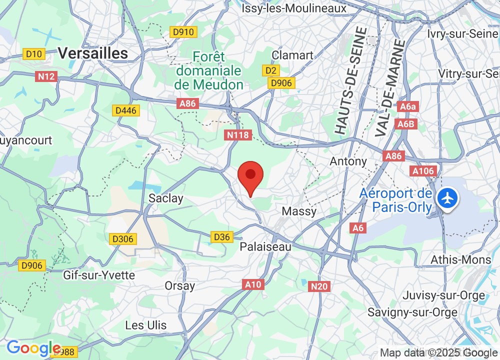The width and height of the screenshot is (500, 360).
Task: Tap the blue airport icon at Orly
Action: point(447,198)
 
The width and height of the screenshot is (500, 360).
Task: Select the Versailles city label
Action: point(93,53)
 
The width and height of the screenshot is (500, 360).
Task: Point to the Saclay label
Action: point(166,198)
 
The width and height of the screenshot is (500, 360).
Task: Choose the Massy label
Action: point(299,211)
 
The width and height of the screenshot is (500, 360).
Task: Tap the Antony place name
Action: point(348,161)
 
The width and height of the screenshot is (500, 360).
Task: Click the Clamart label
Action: point(292,55)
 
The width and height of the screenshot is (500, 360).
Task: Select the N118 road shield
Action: point(237,135)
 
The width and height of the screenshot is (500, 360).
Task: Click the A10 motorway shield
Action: point(253,284)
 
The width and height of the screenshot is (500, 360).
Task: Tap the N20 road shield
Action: point(319,286)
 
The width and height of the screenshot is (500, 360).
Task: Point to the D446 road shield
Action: point(125,110)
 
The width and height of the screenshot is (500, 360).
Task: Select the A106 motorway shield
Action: point(423,171)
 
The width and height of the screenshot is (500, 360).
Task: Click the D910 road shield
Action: point(183,32)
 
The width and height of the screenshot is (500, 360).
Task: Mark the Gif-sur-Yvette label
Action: point(99,275)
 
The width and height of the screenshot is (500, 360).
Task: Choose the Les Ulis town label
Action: point(146,325)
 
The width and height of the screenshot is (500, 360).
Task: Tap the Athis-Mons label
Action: point(461,260)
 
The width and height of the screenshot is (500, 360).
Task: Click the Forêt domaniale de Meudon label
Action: point(208,71)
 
